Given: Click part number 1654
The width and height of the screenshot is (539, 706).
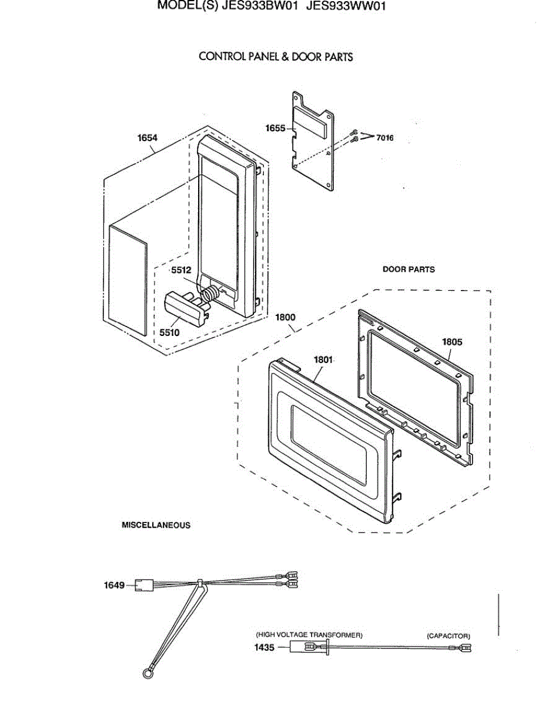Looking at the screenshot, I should [x=147, y=138].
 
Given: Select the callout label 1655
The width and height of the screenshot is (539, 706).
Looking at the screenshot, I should [x=274, y=128].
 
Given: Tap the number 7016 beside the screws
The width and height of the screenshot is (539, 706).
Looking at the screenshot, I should [x=385, y=138].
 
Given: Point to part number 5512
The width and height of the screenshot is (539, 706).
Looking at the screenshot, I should [x=181, y=271].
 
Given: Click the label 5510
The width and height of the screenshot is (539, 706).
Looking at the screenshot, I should [x=169, y=332].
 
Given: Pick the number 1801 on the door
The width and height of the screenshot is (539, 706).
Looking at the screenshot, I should [x=323, y=359].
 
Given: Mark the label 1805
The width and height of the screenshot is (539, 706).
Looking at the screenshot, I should [x=452, y=341].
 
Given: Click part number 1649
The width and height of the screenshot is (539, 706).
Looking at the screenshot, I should [x=115, y=585].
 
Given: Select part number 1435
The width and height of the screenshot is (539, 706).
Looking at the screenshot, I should [x=264, y=648].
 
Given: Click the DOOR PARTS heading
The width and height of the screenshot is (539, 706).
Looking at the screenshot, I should [x=409, y=269].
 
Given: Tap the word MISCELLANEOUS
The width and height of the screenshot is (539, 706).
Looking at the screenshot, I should [x=156, y=525].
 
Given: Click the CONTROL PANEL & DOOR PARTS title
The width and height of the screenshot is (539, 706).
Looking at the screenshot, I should [x=276, y=56].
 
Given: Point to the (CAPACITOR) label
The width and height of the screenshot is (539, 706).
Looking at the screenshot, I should [x=448, y=636].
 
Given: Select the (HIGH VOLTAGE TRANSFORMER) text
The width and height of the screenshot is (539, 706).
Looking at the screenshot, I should [x=309, y=635].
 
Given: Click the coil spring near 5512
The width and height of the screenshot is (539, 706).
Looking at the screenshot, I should [x=209, y=292].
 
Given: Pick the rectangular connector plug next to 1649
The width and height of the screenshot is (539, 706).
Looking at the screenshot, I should [x=143, y=585].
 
